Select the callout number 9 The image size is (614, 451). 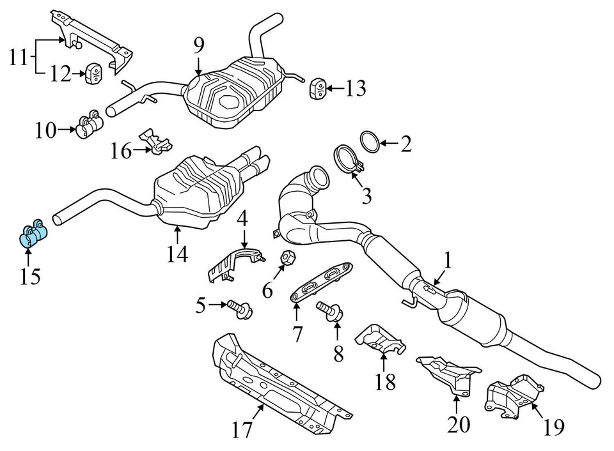[199, 45]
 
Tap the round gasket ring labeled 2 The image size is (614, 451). [370, 142]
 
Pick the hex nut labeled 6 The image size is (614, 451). [287, 258]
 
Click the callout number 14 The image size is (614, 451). [178, 254]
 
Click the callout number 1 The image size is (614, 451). [448, 260]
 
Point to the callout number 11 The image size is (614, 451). [19, 59]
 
